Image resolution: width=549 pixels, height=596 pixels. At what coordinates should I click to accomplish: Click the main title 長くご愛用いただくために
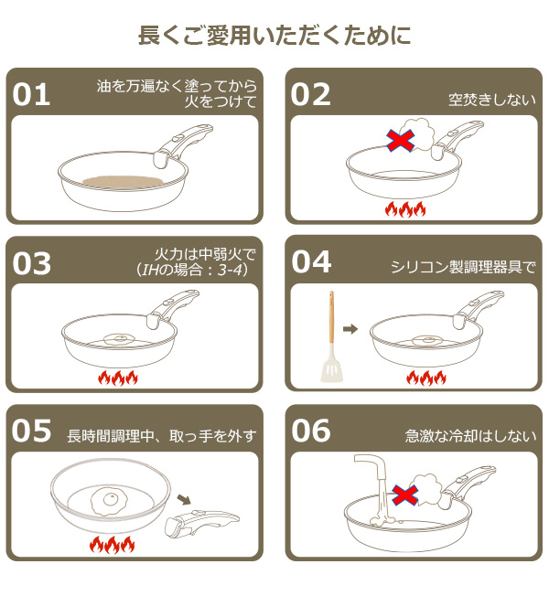pyautogui.click(x=274, y=36)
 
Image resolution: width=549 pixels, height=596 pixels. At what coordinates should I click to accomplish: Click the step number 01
pyautogui.click(x=32, y=95)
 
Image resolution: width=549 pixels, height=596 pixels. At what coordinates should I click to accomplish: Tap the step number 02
pyautogui.click(x=311, y=95)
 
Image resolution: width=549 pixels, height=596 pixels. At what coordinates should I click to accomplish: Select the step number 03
pyautogui.click(x=32, y=263)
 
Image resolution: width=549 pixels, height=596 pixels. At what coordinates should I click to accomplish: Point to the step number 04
pyautogui.click(x=311, y=263)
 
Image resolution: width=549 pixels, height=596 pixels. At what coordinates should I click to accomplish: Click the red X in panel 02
pyautogui.click(x=400, y=140)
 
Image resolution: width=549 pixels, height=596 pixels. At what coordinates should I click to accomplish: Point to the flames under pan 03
pyautogui.click(x=117, y=377)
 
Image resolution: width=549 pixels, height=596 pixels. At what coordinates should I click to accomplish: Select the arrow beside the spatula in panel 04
pyautogui.click(x=350, y=328)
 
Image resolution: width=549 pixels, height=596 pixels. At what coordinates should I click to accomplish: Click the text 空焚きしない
pyautogui.click(x=491, y=100)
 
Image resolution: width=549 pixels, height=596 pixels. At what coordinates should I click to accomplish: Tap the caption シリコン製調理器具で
pyautogui.click(x=462, y=267)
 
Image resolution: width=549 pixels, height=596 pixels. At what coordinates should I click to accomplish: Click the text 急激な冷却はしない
pyautogui.click(x=470, y=436)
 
